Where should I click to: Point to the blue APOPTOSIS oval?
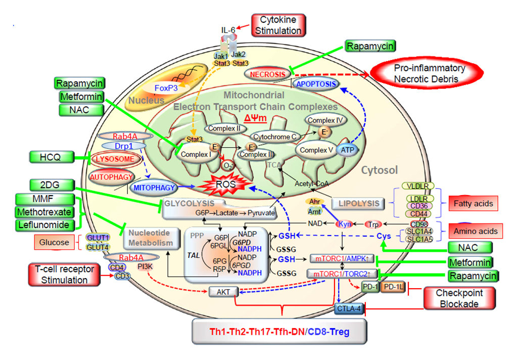pyautogui.click(x=316, y=84)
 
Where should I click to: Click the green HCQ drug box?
pyautogui.click(x=50, y=157)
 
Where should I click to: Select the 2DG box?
pyautogui.click(x=44, y=185)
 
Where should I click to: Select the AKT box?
pyautogui.click(x=223, y=292)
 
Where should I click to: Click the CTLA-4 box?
pyautogui.click(x=349, y=308)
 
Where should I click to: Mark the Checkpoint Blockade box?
pyautogui.click(x=459, y=298)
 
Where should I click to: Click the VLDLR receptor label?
pyautogui.click(x=415, y=187)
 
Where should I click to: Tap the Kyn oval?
pyautogui.click(x=345, y=224)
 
